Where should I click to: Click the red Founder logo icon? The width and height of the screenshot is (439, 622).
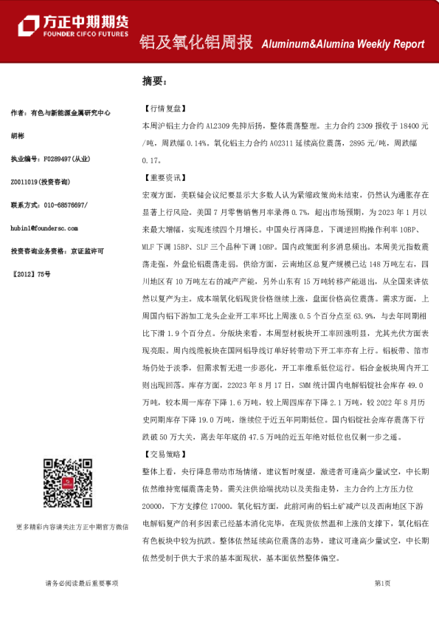pyautogui.click(x=30, y=26)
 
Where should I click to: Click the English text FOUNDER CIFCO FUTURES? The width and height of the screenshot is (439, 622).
pyautogui.click(x=86, y=34)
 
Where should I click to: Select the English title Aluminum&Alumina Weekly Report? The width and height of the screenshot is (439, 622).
pyautogui.click(x=343, y=44)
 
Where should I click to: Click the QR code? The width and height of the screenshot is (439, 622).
pyautogui.click(x=66, y=481)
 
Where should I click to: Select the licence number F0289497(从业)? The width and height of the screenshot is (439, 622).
pyautogui.click(x=66, y=159)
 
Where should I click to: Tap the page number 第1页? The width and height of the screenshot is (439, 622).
pyautogui.click(x=382, y=583)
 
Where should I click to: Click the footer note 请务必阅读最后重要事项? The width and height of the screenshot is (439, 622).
pyautogui.click(x=81, y=584)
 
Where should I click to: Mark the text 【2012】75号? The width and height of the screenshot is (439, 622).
pyautogui.click(x=32, y=273)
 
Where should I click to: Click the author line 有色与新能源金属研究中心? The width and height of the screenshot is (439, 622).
pyautogui.click(x=70, y=113)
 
